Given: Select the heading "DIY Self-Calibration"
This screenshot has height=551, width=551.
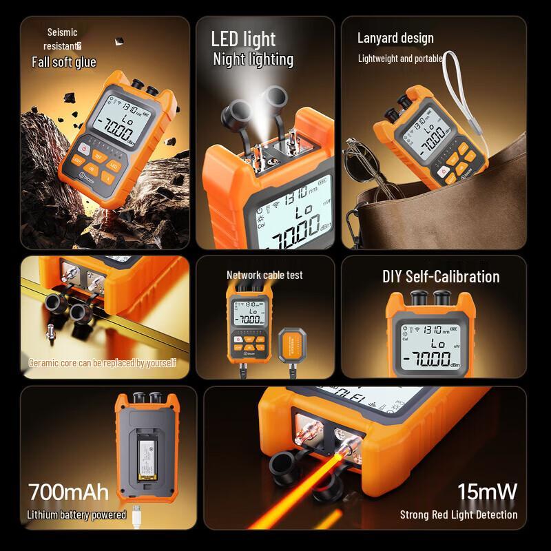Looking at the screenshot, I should point(441,277).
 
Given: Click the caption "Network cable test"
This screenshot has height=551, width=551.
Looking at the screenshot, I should point(264,275).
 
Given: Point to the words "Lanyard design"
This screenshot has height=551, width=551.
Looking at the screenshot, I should point(395,38).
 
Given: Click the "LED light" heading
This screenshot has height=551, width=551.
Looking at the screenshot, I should point(243,39).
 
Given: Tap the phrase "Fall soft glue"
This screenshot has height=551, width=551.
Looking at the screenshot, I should point(64,62).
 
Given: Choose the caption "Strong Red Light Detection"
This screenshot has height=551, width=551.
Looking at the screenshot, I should point(459,514).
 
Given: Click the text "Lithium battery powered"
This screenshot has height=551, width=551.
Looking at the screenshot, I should point(76,514).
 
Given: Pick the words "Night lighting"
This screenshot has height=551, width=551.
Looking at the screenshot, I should point(253,59).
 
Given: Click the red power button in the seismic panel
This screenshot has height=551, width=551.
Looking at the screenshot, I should point(84,148).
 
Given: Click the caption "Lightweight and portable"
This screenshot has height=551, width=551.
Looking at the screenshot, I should point(399,59).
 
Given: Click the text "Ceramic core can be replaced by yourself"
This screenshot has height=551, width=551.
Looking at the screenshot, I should point(103,362).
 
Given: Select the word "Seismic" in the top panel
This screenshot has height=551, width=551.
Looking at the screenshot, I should point(62,32).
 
